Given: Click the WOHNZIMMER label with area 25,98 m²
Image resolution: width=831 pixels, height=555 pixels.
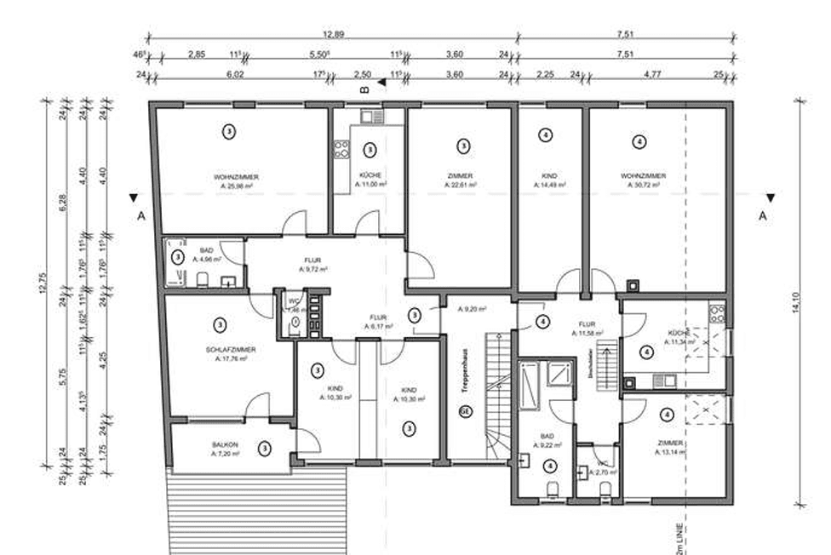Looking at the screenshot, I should (x=236, y=177).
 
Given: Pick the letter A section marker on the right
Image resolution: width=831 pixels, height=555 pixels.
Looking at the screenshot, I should (x=763, y=216).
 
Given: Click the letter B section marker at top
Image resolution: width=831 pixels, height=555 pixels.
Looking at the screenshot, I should (x=364, y=87).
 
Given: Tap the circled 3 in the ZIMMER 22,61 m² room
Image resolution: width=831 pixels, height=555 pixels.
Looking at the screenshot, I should (x=462, y=146).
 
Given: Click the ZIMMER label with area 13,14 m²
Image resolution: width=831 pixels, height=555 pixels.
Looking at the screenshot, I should (x=671, y=444).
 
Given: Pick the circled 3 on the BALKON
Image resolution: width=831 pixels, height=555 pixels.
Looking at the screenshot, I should (x=265, y=447).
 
